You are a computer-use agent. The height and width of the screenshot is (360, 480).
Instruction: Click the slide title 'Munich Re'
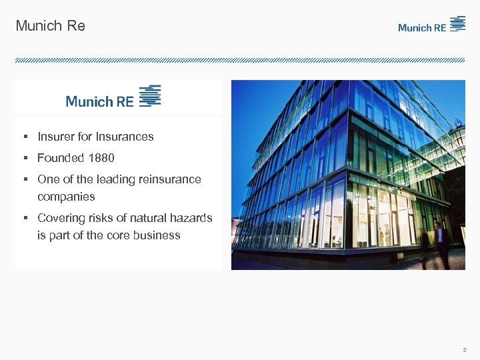click(x=50, y=26)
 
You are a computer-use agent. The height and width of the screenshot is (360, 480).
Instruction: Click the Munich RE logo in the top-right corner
click(x=431, y=25)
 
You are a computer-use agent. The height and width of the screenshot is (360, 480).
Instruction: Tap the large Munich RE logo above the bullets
click(x=113, y=97)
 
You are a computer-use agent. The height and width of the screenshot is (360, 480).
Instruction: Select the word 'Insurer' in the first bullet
click(x=56, y=137)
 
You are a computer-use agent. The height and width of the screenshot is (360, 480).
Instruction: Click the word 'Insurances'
click(x=125, y=137)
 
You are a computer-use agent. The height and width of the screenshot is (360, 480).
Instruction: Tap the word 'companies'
click(x=66, y=197)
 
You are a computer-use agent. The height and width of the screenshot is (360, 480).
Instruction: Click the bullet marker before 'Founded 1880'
click(x=24, y=158)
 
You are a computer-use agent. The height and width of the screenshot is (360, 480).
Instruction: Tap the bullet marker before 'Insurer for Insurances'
click(x=24, y=137)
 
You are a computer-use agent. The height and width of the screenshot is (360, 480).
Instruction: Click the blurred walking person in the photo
click(x=440, y=243)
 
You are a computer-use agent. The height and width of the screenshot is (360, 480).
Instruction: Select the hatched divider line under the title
click(x=240, y=60)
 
